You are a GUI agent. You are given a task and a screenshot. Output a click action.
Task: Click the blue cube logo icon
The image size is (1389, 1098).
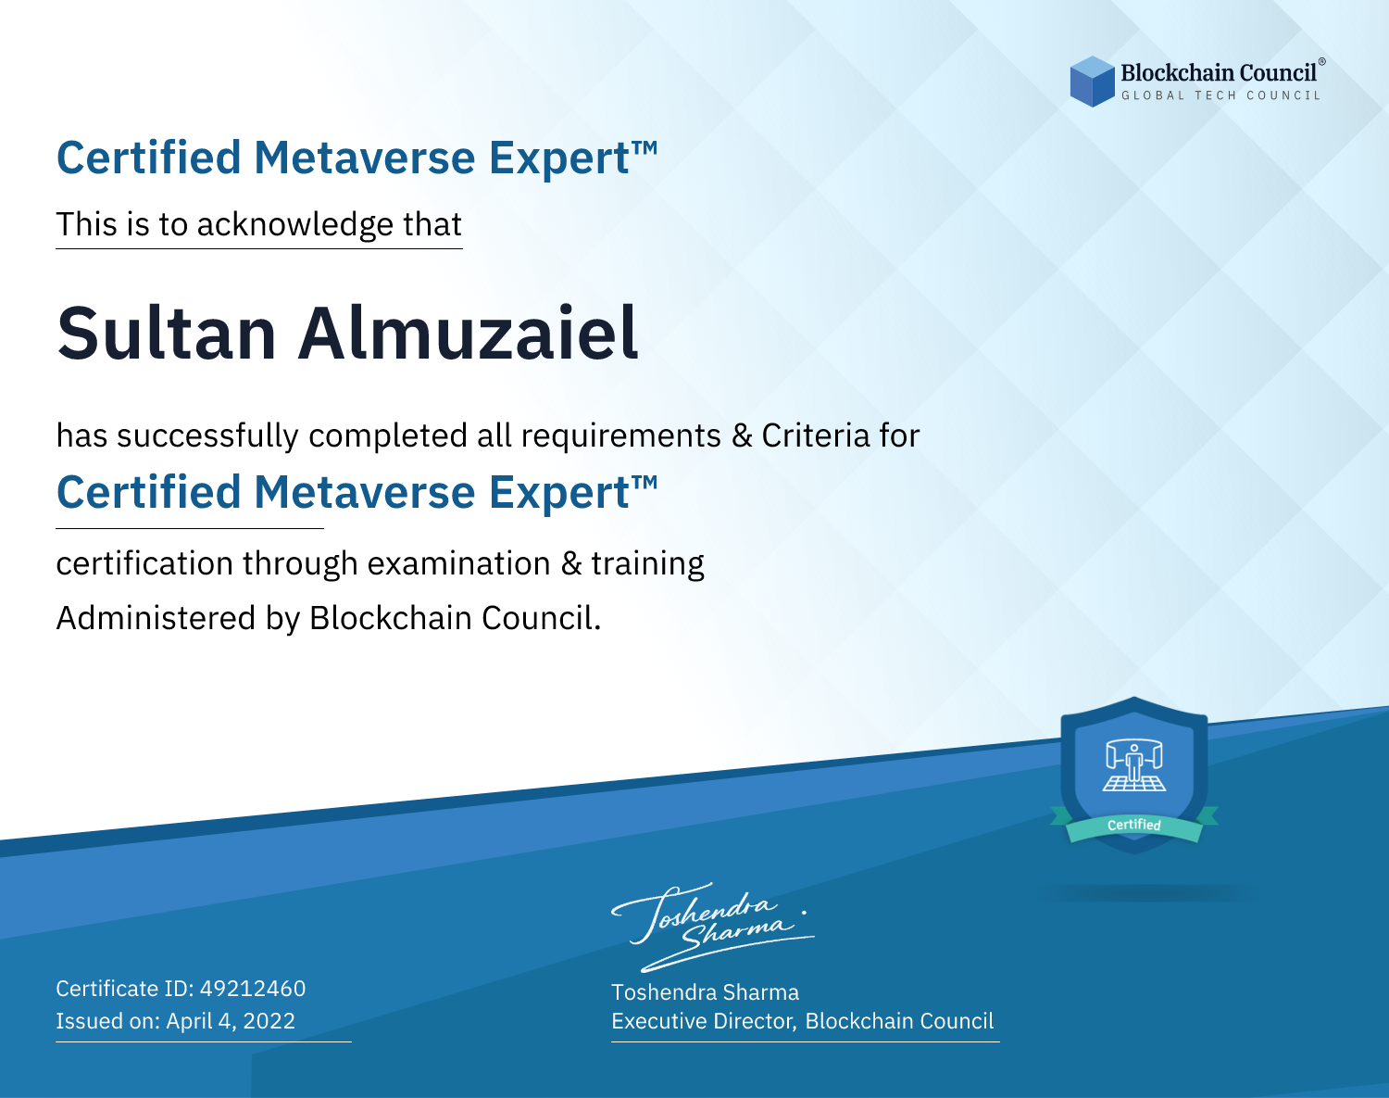click(1092, 82)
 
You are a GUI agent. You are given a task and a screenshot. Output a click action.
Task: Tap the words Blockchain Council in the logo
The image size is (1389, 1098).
click(1219, 72)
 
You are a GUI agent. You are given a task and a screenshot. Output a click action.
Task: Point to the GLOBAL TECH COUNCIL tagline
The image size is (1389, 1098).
click(1221, 95)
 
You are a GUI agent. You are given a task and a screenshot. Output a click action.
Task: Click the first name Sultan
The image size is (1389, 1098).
click(167, 334)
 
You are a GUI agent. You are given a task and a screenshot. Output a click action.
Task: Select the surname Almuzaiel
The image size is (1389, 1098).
click(469, 334)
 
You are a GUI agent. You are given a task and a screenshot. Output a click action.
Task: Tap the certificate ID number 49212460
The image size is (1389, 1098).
click(253, 988)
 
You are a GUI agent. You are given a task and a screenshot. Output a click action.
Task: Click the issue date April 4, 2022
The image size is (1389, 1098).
click(231, 1020)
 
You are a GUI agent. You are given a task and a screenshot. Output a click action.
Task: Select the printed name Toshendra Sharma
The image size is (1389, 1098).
click(705, 992)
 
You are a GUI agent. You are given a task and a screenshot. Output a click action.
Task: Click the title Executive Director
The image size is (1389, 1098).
click(703, 1021)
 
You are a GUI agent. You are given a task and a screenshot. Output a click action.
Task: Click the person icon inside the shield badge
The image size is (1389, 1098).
click(1134, 764)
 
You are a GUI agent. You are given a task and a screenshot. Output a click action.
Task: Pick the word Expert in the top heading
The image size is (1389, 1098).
click(559, 158)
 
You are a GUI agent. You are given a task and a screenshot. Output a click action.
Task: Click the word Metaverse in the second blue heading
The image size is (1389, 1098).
click(365, 492)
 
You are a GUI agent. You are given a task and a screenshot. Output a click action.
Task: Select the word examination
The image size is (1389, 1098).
click(459, 563)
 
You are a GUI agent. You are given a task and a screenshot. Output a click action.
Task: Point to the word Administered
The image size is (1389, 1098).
click(156, 618)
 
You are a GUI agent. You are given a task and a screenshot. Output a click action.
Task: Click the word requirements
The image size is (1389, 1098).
click(621, 436)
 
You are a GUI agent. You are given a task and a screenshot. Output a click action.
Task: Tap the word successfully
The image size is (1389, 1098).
click(207, 436)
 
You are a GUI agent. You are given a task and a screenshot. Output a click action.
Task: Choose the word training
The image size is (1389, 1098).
click(648, 564)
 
